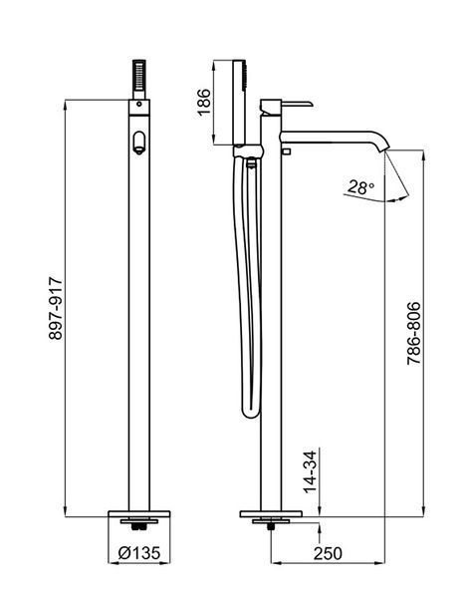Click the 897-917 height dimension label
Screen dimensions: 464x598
(x=56, y=309)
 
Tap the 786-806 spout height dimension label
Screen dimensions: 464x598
(x=413, y=333)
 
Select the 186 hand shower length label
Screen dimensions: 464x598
(x=204, y=102)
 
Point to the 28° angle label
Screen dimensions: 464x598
(x=360, y=187)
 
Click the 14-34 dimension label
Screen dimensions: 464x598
(x=311, y=471)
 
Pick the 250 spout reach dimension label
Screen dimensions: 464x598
(x=328, y=553)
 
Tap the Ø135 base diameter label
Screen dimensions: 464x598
(x=139, y=552)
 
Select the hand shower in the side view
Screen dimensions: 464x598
(x=240, y=103)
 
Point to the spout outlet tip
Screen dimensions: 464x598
(x=385, y=149)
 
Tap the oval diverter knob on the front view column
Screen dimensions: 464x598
(x=139, y=143)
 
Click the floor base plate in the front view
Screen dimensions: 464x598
(x=139, y=514)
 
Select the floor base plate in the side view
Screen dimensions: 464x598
(x=271, y=514)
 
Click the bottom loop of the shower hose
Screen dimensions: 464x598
(x=251, y=413)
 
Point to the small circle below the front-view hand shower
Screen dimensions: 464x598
(x=139, y=104)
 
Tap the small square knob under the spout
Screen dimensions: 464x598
(x=286, y=151)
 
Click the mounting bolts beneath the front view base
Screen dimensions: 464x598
(x=139, y=527)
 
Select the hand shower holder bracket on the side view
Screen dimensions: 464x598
(x=247, y=151)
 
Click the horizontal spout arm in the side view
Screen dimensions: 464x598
(x=331, y=138)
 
